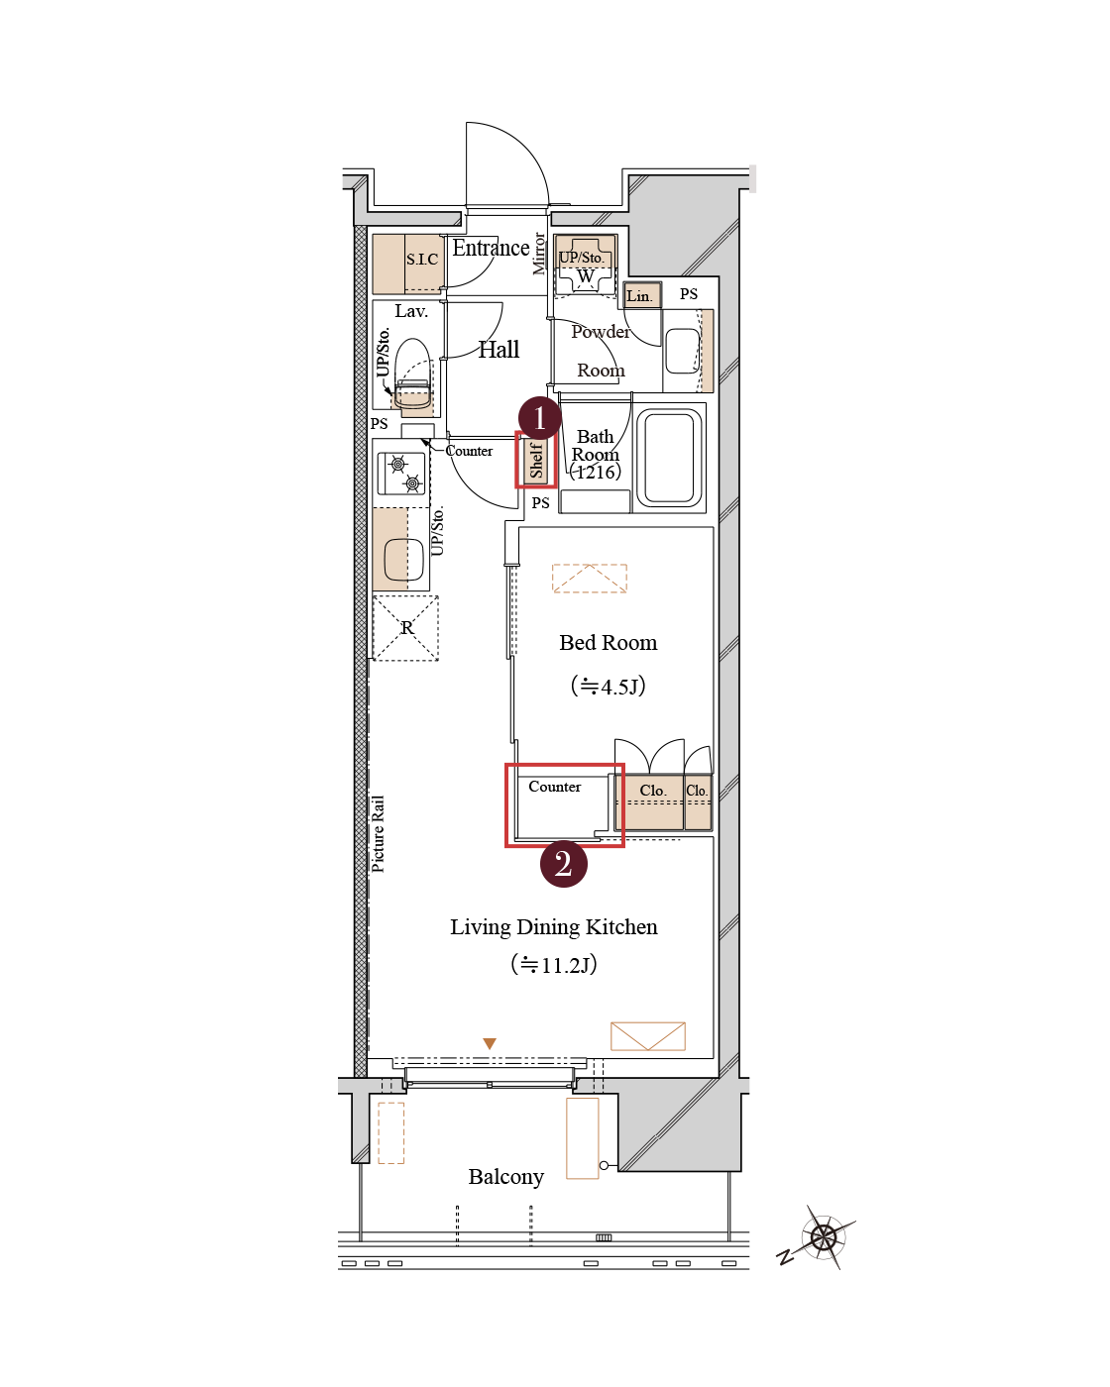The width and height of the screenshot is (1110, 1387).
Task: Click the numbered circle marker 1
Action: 539,418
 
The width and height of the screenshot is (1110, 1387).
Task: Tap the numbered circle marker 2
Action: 563,864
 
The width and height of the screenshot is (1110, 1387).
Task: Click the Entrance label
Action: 491,248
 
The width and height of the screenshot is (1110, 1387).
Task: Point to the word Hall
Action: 499,350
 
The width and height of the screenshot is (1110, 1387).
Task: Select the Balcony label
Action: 505,1177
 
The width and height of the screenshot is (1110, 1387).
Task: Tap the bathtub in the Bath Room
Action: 669,458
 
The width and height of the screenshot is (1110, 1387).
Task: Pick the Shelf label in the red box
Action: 535,460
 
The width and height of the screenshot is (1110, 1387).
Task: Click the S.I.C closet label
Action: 422,260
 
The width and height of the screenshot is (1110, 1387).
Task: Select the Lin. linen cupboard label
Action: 638,296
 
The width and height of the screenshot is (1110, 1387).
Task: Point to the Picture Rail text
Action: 378,834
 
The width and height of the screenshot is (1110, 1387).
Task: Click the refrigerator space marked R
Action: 406,628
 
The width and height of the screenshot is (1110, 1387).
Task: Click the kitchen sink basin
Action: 403,559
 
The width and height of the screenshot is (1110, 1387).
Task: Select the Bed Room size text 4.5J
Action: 608,686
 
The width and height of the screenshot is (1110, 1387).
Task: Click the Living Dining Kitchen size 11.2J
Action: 553,965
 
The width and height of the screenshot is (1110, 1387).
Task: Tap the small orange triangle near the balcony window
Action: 490,1043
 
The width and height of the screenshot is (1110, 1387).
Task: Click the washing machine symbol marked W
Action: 585,275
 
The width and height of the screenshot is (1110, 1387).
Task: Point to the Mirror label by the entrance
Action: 538,254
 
